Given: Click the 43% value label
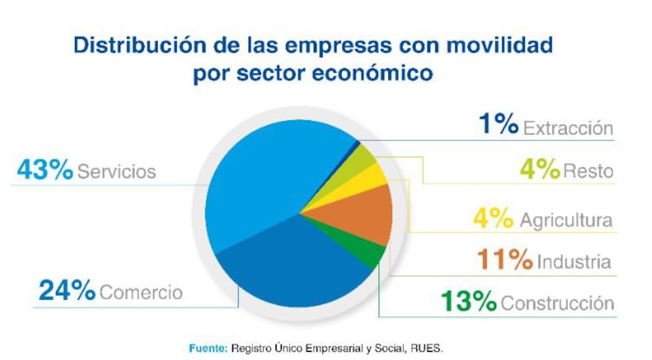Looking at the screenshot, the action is tap(45, 169).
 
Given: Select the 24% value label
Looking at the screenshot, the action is tap(67, 289).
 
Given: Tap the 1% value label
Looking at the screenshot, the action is tap(499, 124).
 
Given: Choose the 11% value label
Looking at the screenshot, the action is tap(505, 259).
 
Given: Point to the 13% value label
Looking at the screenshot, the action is tap(468, 301).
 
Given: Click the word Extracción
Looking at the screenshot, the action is tap(568, 128).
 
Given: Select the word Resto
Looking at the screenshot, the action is tap(588, 171).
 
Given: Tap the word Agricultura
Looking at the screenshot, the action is tap(566, 220).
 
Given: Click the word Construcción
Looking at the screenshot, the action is tap(557, 304).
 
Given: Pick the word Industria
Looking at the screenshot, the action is tap(574, 261).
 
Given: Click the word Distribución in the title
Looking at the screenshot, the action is tap(140, 45).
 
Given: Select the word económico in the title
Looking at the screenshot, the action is tap(372, 73).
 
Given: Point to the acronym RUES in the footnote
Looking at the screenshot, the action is tap(427, 348).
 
